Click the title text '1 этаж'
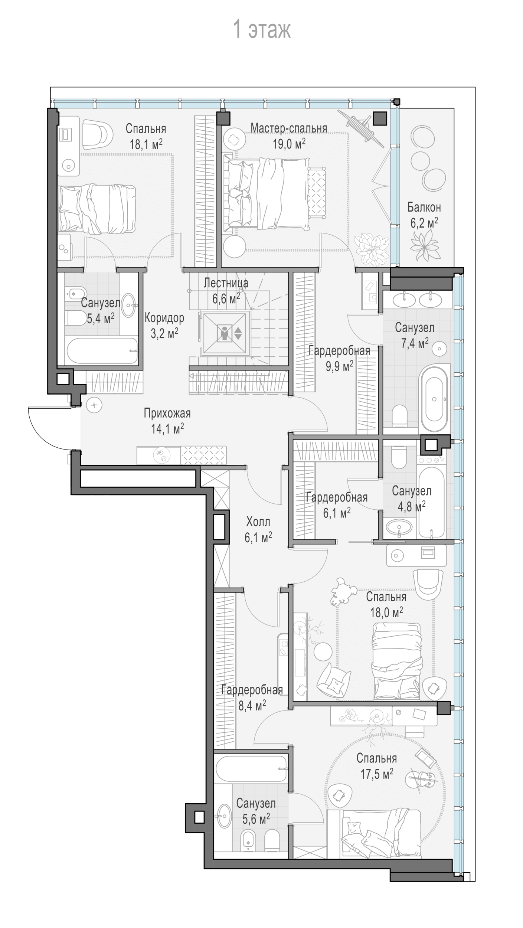pyautogui.click(x=262, y=30)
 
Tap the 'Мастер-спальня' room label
pyautogui.click(x=289, y=128)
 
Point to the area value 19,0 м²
pyautogui.click(x=289, y=143)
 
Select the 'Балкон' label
pyautogui.click(x=424, y=207)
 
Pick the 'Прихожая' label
pyautogui.click(x=167, y=413)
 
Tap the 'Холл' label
pyautogui.click(x=258, y=522)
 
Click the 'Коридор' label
pyautogui.click(x=164, y=318)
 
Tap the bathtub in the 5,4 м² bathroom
pyautogui.click(x=101, y=351)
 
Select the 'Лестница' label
pyautogui.click(x=226, y=283)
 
